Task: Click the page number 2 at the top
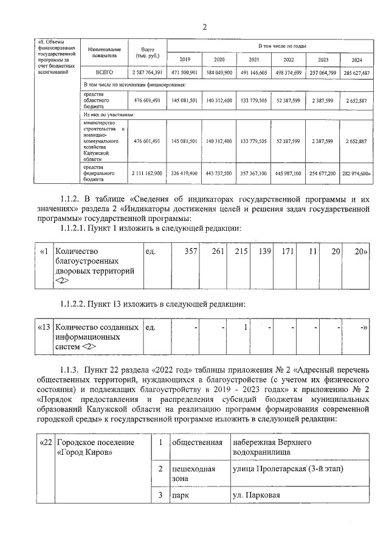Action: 204,26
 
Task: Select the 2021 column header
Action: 254,59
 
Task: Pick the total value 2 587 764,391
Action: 146,72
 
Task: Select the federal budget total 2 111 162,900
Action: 146,173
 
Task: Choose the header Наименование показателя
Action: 104,51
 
